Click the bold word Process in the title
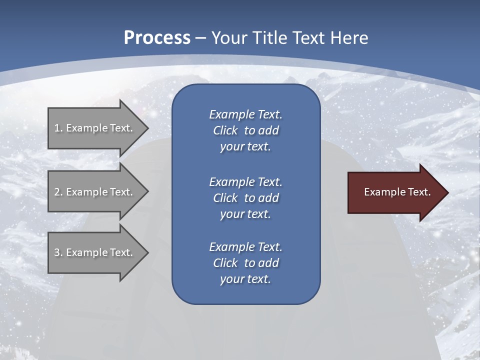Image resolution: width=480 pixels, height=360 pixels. tap(157, 38)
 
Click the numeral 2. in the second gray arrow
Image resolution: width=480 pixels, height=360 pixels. tap(58, 192)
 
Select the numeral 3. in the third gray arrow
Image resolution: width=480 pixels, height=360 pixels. tap(58, 252)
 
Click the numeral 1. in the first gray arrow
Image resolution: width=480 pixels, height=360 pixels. tap(58, 128)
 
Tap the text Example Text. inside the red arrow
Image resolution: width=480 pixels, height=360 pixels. tap(397, 192)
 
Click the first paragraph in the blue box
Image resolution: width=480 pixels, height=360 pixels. tap(245, 130)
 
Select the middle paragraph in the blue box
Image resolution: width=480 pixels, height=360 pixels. tap(245, 198)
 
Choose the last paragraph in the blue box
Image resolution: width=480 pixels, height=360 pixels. tap(245, 263)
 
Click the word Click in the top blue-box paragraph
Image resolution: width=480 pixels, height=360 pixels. tap(225, 130)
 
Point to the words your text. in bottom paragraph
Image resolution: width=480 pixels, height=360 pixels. tap(245, 279)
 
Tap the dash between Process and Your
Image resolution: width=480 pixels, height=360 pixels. tap(201, 38)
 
